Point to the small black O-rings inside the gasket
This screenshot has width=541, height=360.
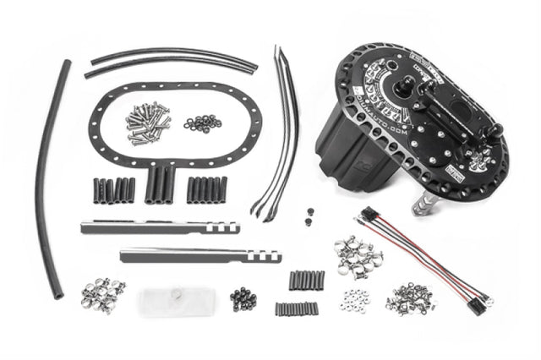[x=202, y=123]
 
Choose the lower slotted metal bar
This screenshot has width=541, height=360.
[x=199, y=254]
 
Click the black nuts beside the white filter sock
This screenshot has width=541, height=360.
[x=243, y=298]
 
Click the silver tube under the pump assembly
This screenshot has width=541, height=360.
[x=422, y=204]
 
